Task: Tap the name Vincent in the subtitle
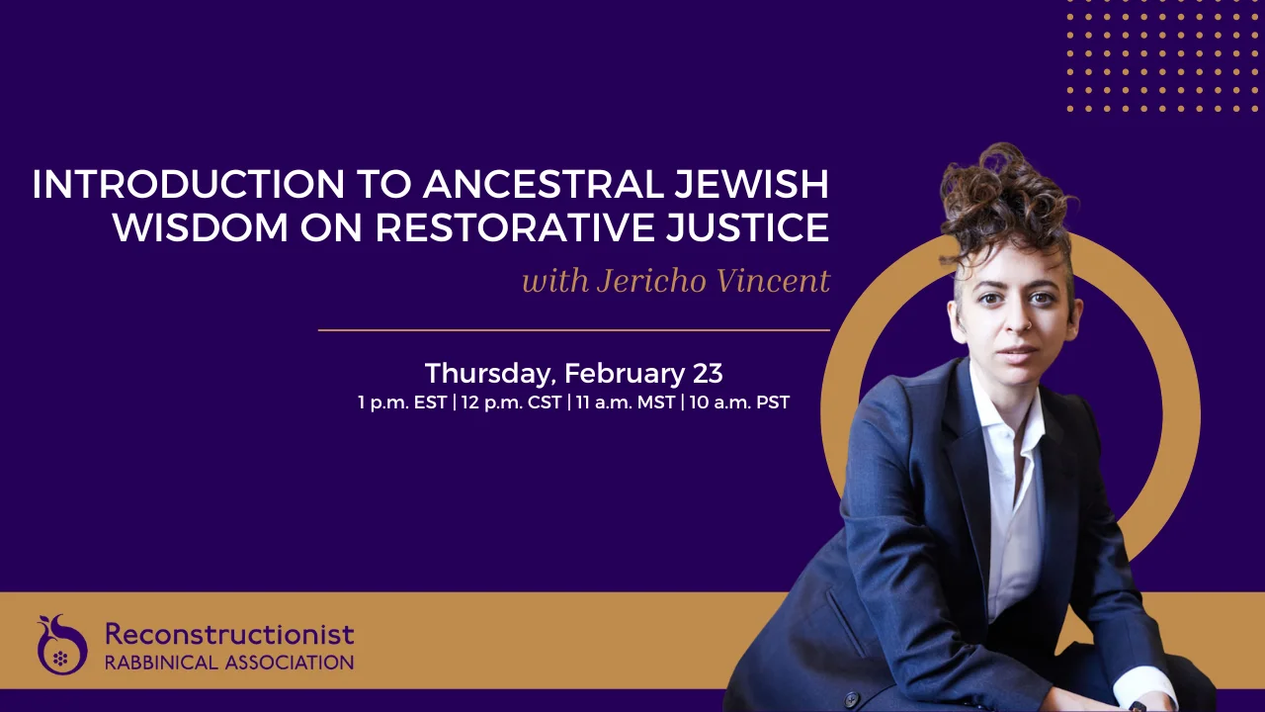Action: click(x=774, y=282)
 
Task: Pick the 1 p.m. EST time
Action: click(x=402, y=403)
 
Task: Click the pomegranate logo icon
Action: click(x=61, y=645)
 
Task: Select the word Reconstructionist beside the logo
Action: click(x=229, y=634)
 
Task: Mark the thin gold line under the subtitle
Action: click(x=573, y=329)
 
